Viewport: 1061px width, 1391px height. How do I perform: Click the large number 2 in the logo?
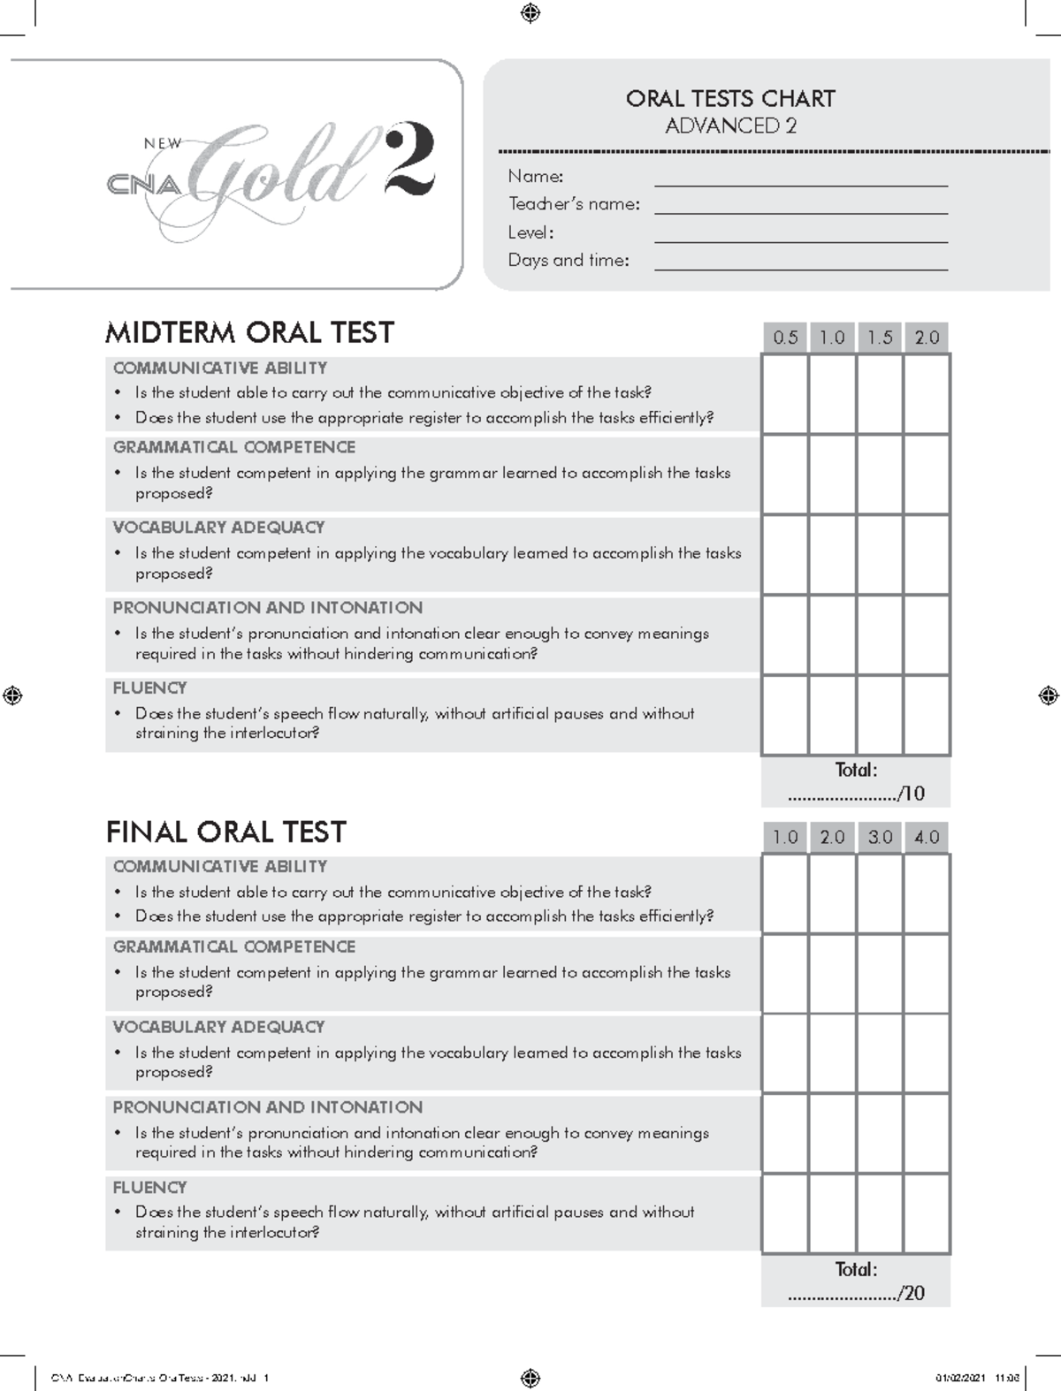tap(409, 161)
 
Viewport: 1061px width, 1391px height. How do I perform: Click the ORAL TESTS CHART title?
tap(730, 98)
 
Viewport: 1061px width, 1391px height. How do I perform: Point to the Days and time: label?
tap(569, 261)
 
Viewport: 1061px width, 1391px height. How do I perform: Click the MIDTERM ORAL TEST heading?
tap(249, 333)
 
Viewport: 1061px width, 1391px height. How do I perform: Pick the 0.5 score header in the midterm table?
tap(785, 338)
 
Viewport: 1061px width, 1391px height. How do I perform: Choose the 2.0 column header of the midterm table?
tap(927, 338)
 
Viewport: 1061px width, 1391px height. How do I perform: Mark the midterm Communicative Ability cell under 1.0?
tap(832, 394)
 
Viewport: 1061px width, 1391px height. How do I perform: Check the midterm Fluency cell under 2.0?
tap(927, 715)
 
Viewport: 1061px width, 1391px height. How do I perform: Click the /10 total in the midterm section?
tap(911, 794)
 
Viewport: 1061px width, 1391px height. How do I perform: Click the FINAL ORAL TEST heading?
tap(225, 832)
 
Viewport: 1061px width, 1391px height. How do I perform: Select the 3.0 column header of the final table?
tap(880, 837)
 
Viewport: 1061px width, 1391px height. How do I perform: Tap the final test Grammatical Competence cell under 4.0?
tap(927, 974)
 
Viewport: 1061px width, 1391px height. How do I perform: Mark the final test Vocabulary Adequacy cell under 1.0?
tap(785, 1054)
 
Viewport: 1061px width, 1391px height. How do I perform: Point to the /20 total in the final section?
tap(911, 1294)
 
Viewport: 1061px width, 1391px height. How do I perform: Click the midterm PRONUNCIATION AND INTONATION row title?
tap(267, 608)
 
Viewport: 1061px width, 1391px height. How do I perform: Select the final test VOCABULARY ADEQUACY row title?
tap(218, 1027)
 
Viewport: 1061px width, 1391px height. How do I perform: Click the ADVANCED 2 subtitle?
tap(730, 126)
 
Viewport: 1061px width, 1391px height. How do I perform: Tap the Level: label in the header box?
tap(530, 233)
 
